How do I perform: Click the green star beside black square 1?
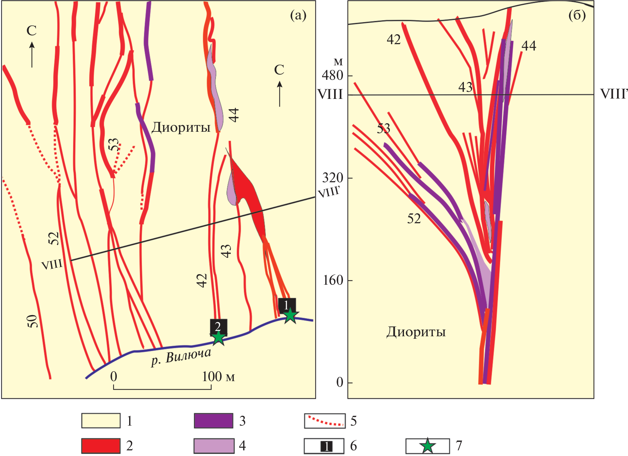[290, 315]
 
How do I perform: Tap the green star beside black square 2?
[218, 338]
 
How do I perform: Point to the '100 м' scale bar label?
[218, 377]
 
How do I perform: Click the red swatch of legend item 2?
[101, 446]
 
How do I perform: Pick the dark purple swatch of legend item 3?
[213, 421]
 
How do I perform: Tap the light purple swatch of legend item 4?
[213, 446]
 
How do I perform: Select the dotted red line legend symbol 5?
[325, 421]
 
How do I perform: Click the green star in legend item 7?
[428, 446]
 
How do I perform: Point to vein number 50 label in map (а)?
[32, 321]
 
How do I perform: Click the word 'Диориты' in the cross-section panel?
[416, 332]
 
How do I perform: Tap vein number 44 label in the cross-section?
[529, 46]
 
